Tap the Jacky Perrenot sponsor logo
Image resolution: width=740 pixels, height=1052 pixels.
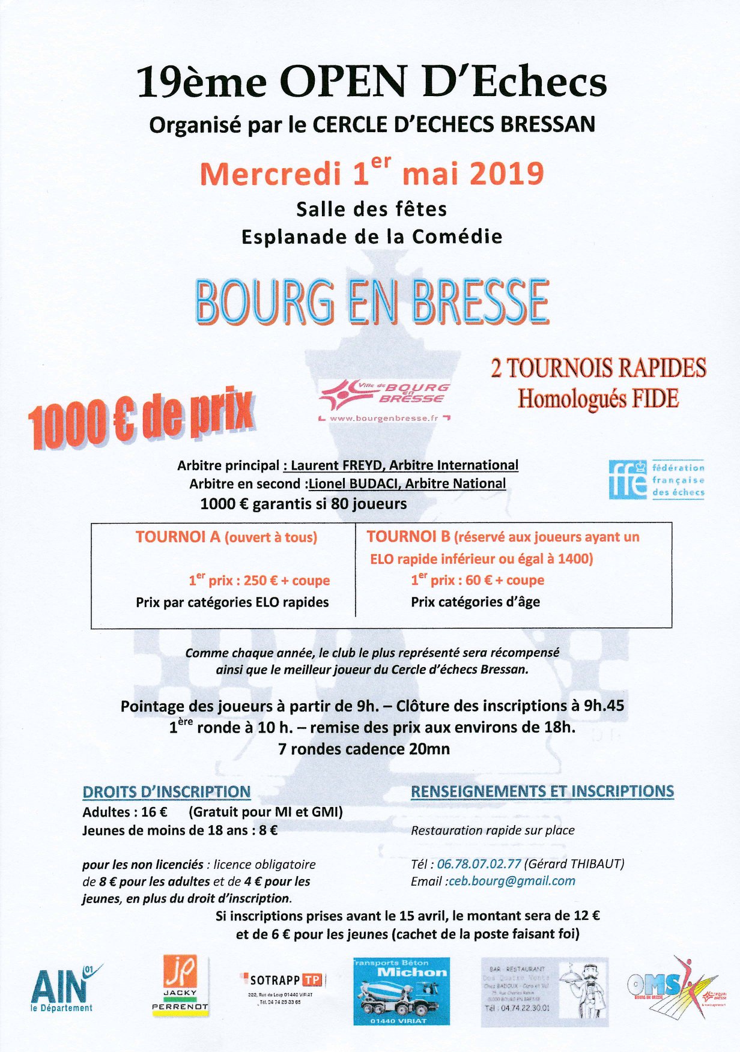(x=180, y=985)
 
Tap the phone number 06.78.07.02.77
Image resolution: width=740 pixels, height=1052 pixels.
(x=479, y=864)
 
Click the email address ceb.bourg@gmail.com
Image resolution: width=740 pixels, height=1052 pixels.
(x=512, y=881)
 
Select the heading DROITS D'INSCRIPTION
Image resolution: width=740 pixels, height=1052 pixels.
(x=166, y=792)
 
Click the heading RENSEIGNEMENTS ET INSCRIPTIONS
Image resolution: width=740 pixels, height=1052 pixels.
(x=542, y=791)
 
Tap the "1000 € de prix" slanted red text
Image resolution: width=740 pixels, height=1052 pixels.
(x=141, y=420)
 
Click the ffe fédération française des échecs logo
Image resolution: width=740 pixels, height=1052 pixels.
(x=656, y=480)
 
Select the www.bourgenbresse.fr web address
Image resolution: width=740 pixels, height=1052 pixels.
(x=384, y=418)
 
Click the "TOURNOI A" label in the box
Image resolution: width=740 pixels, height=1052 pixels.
(x=178, y=537)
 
